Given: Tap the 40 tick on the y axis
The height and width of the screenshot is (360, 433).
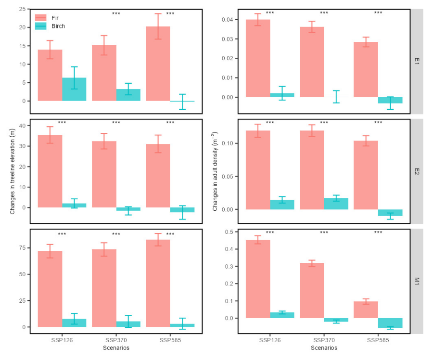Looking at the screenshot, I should (21, 126).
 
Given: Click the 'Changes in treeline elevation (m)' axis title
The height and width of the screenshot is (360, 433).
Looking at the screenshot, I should (13, 171).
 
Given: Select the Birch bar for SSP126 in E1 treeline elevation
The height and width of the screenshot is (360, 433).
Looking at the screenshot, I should (74, 90).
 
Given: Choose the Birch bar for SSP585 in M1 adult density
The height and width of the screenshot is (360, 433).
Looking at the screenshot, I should (390, 323).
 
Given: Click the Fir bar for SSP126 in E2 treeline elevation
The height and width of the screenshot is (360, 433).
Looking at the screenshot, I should (50, 171).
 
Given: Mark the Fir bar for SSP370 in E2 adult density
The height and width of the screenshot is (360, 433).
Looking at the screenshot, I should (312, 170).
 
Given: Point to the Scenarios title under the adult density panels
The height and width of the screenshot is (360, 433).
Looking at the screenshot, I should (324, 347).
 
